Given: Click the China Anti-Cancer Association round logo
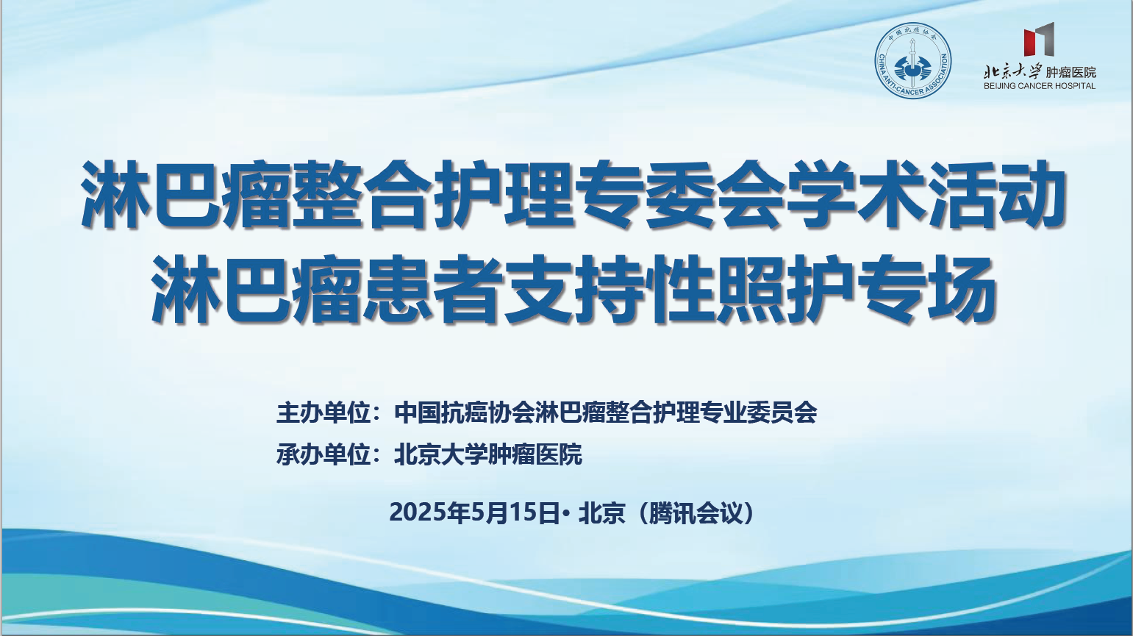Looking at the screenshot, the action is click(913, 60).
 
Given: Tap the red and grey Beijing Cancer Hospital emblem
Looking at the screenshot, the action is click(1039, 38).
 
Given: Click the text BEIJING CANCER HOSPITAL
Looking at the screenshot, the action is click(1040, 86).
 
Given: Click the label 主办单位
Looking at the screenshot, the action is click(324, 413).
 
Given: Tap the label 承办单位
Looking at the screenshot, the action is click(324, 454).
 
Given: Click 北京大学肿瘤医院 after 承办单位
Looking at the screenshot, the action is click(488, 454).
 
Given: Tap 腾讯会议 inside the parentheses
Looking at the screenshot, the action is click(696, 512).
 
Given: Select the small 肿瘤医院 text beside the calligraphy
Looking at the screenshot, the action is click(1071, 72).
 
